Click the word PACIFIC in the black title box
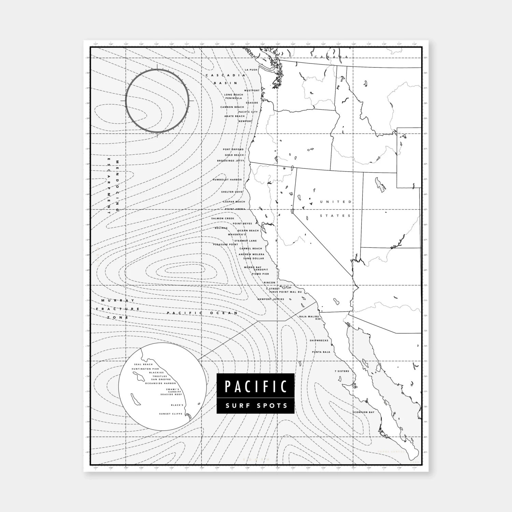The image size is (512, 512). [x=255, y=386]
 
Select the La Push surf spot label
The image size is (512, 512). [x=251, y=70]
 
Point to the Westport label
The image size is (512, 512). [x=252, y=90]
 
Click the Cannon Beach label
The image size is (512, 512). [x=232, y=107]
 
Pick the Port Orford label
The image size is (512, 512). [x=233, y=149]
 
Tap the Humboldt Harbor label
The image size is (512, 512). [x=227, y=180]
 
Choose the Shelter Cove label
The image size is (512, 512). [x=232, y=192]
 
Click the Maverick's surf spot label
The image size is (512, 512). [x=237, y=234]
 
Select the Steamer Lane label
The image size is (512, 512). [x=245, y=241]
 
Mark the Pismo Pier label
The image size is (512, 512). [x=260, y=274]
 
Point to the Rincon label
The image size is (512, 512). [x=269, y=283]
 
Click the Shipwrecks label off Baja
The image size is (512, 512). [x=319, y=340]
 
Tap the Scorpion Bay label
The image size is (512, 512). [x=364, y=412]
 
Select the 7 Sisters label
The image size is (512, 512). [x=342, y=371]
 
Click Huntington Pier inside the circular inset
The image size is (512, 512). [x=146, y=369]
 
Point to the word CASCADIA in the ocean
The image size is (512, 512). [x=225, y=75]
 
